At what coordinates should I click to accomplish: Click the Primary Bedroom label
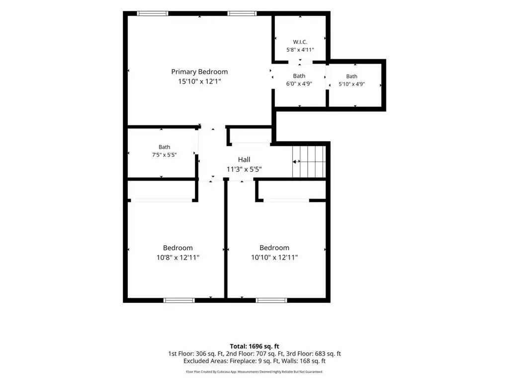point(199,72)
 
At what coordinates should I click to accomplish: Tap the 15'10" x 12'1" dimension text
point(199,81)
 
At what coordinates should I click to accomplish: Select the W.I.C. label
point(300,42)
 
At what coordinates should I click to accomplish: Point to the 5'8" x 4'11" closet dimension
point(300,50)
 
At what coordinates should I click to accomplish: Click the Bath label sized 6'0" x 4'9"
point(299,76)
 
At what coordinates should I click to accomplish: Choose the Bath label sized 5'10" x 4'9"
point(351,76)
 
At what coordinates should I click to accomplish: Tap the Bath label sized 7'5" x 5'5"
point(164,147)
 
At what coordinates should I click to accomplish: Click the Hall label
point(244,160)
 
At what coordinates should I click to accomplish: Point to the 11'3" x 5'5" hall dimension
point(244,169)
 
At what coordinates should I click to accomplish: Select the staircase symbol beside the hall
point(309,162)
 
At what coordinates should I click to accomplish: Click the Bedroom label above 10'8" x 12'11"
point(178,248)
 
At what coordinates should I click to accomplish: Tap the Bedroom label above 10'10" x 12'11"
point(274,248)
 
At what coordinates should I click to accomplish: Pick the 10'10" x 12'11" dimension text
point(274,258)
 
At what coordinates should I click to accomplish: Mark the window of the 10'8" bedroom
point(179,300)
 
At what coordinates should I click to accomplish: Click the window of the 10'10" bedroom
point(271,300)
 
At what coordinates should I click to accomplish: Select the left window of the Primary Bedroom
point(153,13)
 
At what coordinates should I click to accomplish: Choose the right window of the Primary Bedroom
point(242,13)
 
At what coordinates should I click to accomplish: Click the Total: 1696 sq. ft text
point(254,346)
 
